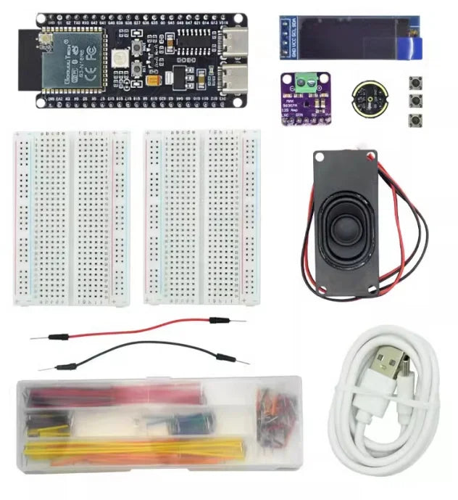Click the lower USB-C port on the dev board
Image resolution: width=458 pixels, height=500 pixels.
[236, 75]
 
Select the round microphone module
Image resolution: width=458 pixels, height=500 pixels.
[366, 98]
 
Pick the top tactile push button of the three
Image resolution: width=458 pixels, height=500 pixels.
[416, 83]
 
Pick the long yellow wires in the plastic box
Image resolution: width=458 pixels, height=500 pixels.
[130, 448]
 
